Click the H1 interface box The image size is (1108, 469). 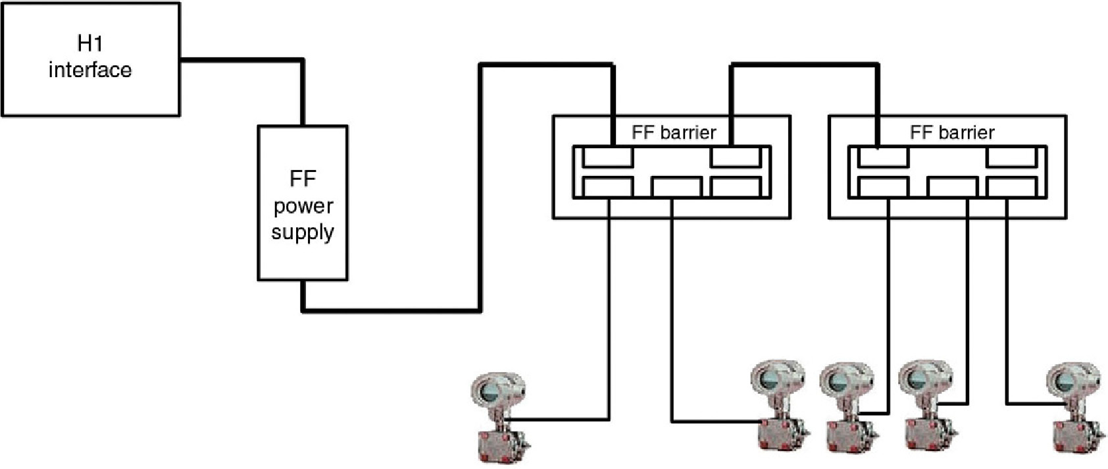pos(90,59)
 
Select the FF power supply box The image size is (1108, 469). pos(303,203)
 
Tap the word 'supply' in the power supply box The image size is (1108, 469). pos(303,233)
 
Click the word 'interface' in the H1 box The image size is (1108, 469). pos(90,70)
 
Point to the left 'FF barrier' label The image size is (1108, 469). pos(674,132)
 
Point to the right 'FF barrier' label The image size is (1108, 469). pos(951,132)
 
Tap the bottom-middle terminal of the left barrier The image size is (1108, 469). pos(676,187)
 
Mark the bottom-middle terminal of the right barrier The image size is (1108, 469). pos(953,187)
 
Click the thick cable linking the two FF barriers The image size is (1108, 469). pos(805,65)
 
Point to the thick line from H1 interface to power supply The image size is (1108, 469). pos(243,61)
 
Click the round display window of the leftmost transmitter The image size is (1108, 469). pos(490,391)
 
